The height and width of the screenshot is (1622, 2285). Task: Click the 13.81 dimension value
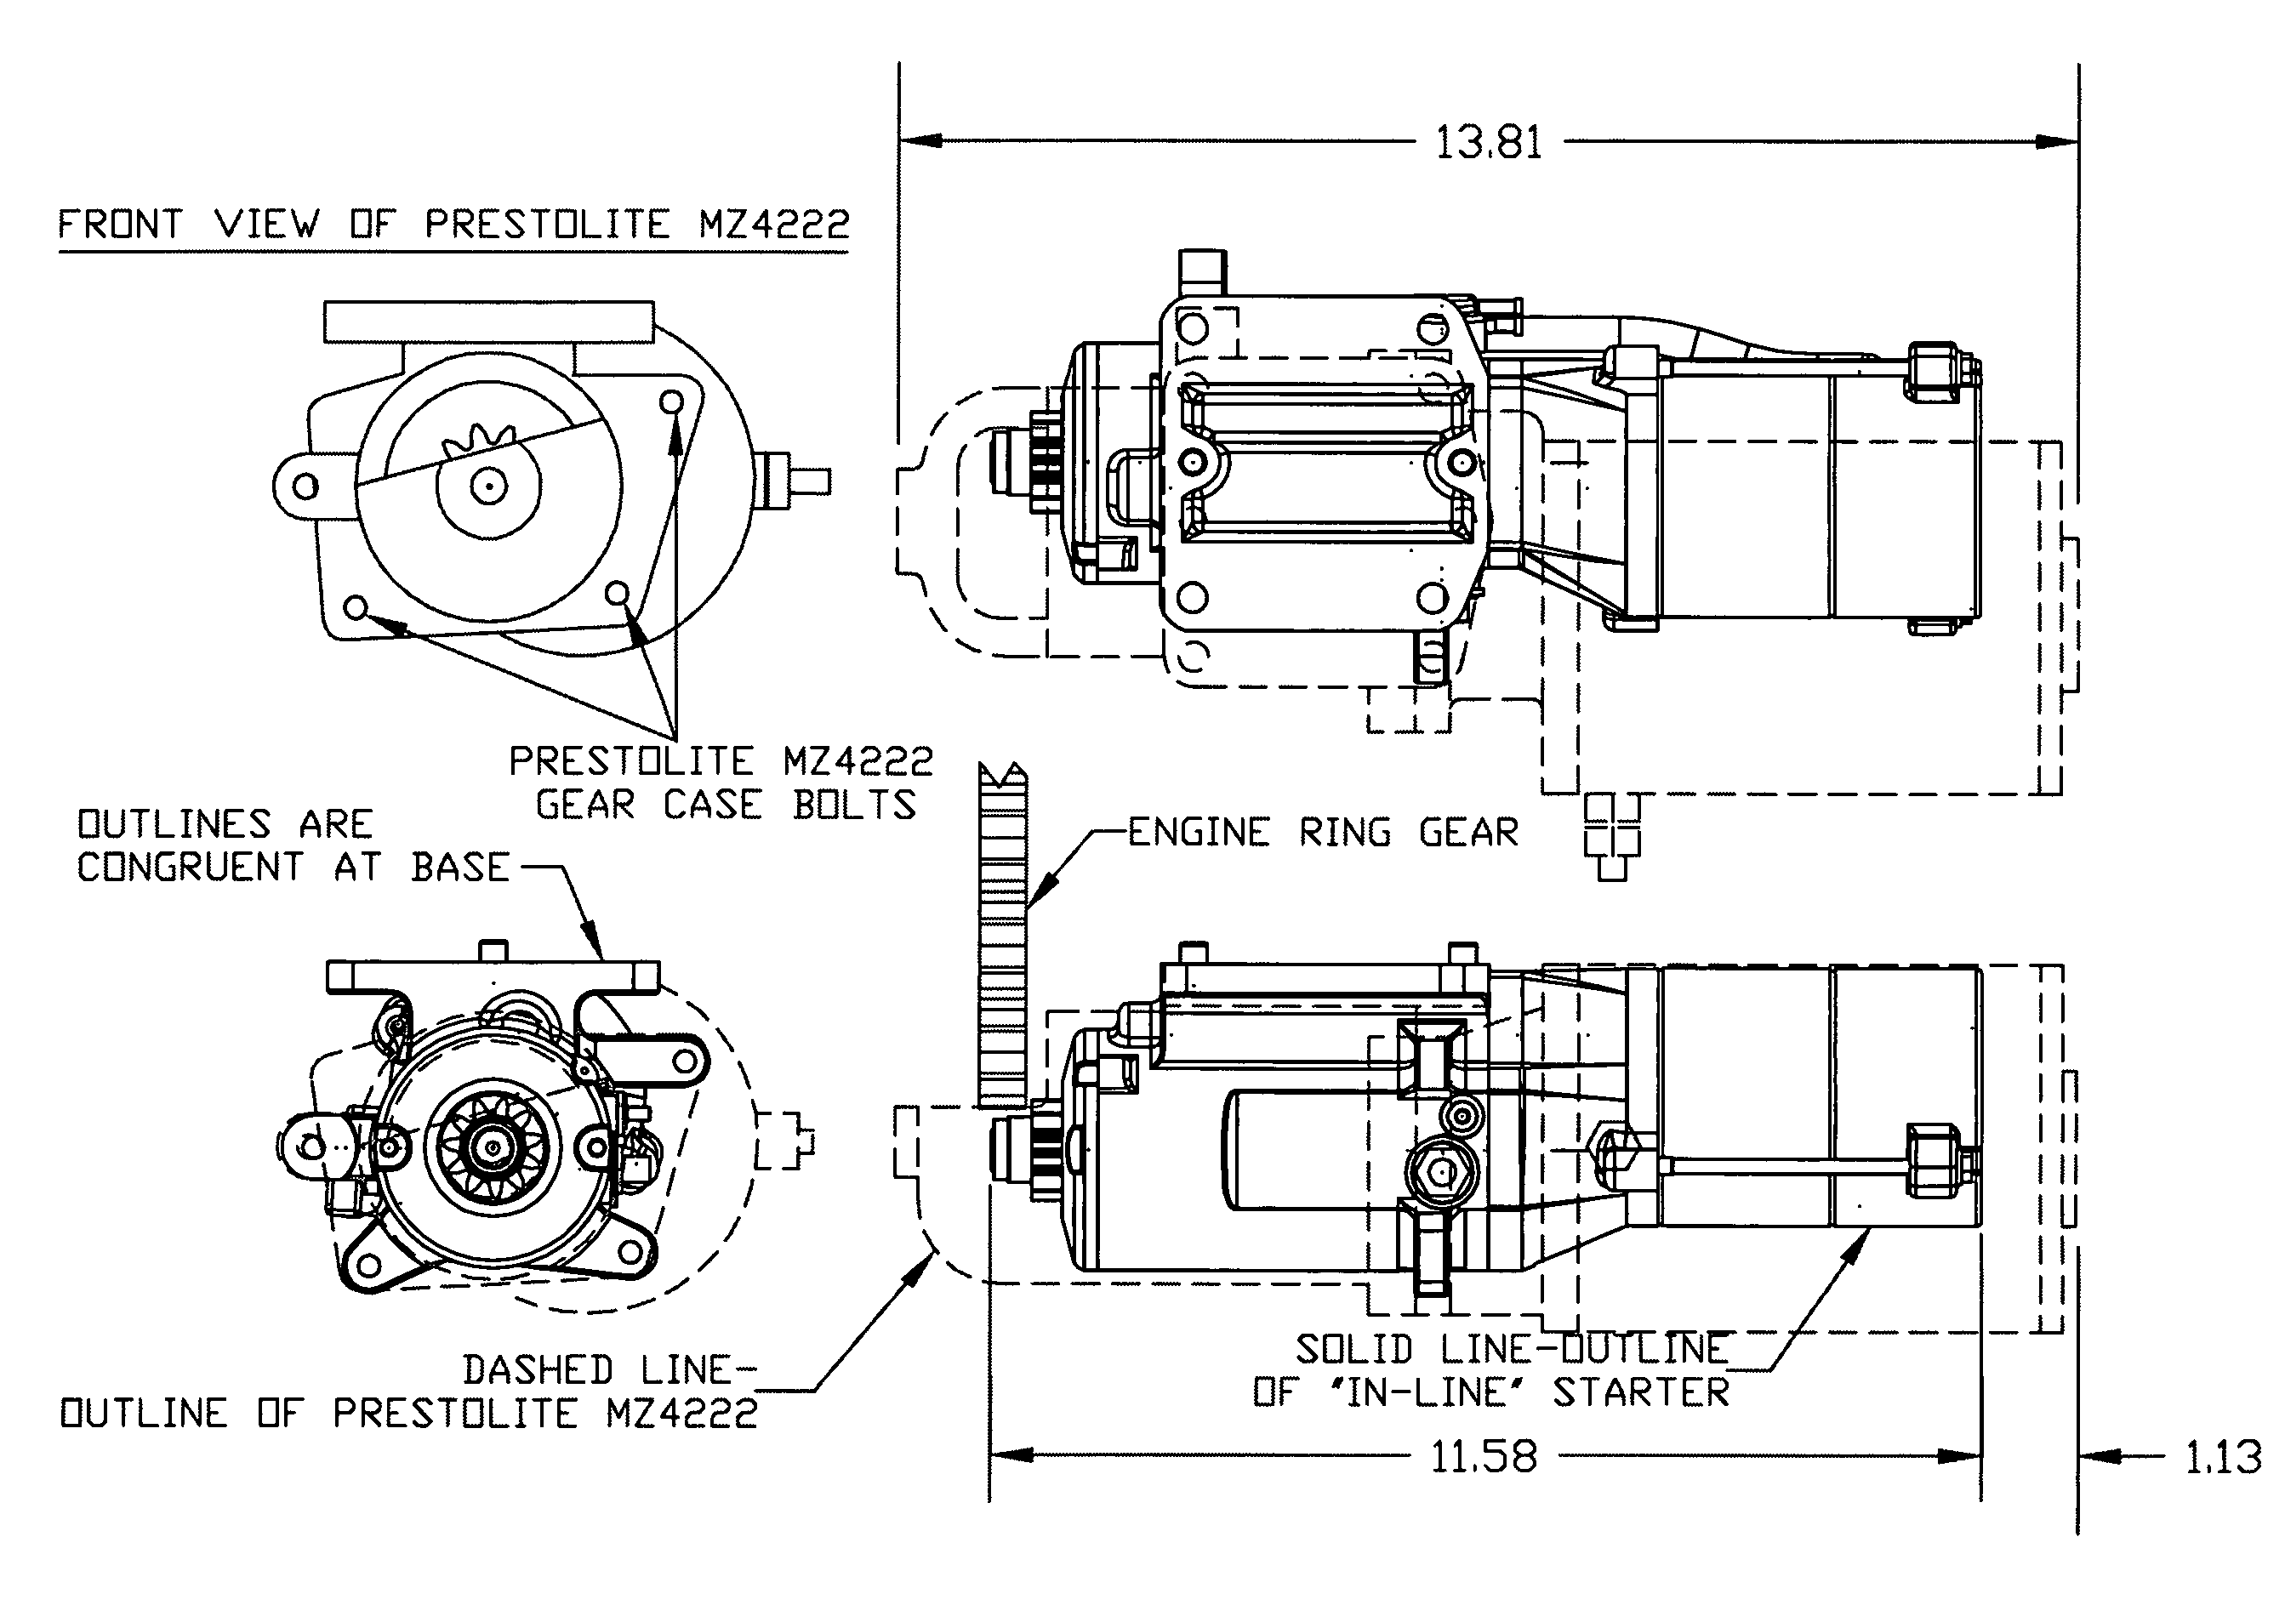point(1488,142)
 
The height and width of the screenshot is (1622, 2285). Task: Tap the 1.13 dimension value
point(2223,1457)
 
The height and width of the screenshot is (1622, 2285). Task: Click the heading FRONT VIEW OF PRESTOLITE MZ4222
point(453,224)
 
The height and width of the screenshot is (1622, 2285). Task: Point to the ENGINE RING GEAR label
point(1323,832)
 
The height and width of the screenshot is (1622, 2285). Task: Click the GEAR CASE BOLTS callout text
point(726,805)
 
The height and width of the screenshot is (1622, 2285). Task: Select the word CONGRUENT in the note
point(190,867)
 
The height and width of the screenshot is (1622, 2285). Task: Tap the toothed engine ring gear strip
point(1003,936)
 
